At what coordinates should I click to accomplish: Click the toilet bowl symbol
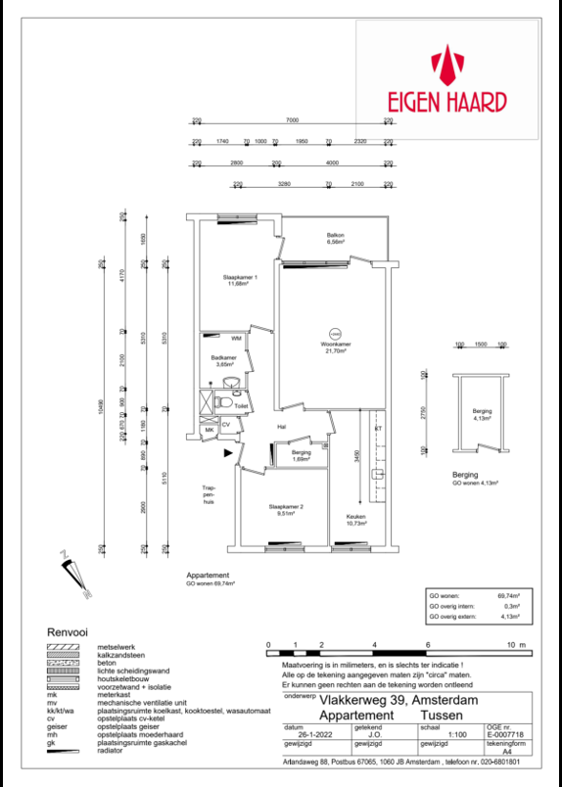point(224,402)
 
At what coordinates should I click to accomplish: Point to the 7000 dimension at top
point(292,119)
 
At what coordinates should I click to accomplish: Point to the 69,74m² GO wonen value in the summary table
point(507,595)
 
